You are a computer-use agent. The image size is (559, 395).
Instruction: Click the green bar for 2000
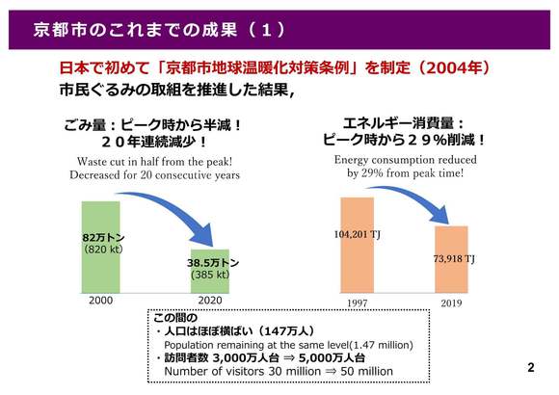tap(101, 247)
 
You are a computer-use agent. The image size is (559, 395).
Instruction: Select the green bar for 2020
tap(210, 271)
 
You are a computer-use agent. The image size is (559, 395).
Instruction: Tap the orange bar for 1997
tap(358, 245)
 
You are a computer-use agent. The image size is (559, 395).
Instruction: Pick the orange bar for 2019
tap(451, 259)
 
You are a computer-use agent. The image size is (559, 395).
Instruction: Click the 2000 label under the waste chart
tap(101, 301)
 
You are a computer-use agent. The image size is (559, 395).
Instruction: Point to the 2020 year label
tap(210, 301)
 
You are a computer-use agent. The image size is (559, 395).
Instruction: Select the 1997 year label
tap(358, 303)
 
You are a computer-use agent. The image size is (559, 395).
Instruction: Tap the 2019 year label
tap(451, 303)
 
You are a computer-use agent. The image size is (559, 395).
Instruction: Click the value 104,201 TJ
tap(358, 234)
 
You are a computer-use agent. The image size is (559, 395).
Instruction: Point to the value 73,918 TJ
tap(454, 258)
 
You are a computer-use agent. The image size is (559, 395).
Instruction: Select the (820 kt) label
tap(103, 249)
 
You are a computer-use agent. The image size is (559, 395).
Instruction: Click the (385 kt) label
tap(210, 275)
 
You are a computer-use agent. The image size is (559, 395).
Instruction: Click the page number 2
tap(531, 368)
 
